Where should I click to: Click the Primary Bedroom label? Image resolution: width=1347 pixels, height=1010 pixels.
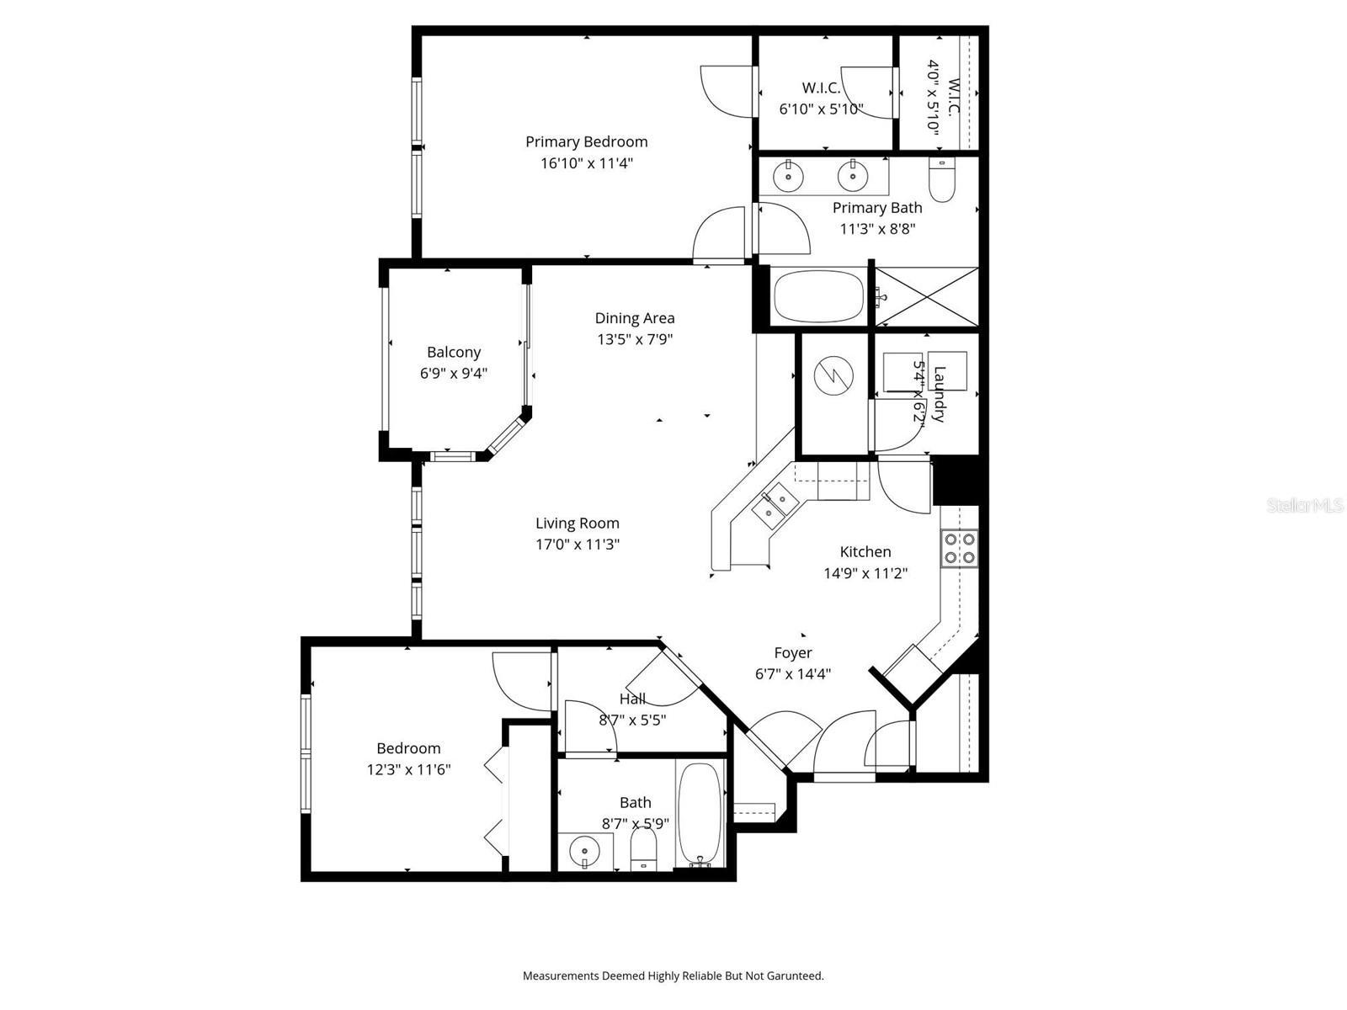587,141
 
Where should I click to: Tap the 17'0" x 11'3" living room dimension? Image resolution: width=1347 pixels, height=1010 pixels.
578,545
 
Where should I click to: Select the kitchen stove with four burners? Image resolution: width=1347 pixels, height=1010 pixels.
960,548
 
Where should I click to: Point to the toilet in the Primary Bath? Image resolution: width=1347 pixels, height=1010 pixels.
941,181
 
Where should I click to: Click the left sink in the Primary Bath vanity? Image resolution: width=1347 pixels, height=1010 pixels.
788,177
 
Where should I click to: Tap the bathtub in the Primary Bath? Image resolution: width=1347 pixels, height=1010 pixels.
818,296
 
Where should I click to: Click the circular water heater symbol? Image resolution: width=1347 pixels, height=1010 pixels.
833,375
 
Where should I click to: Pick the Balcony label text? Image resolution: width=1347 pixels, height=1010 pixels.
454,353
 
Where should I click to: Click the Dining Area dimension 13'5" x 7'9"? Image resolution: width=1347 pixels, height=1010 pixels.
635,340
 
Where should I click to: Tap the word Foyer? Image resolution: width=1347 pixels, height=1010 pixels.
793,653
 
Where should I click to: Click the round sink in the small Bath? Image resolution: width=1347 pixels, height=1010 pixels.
584,852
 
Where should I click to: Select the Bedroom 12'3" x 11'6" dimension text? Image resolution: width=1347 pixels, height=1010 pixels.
408,769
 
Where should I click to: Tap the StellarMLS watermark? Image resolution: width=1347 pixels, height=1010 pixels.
1304,506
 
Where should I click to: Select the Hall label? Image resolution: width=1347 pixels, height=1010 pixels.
632,699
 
